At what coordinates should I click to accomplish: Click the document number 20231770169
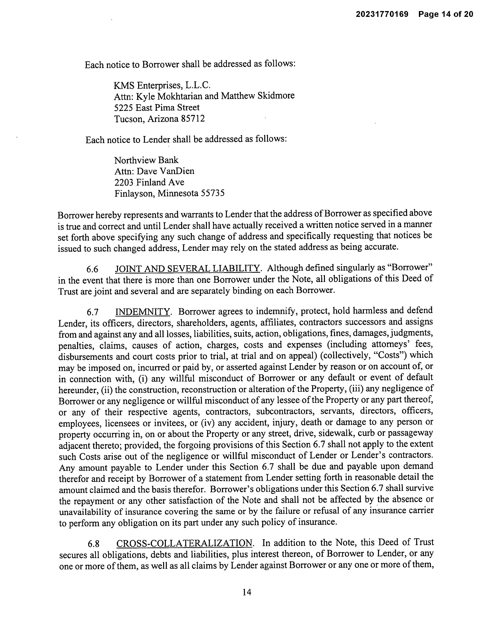pos(382,14)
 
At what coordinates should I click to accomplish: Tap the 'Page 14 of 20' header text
pos(446,14)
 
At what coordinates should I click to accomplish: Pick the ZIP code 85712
pos(193,119)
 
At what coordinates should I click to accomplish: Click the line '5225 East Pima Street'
pos(157,107)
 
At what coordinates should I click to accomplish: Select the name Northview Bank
pos(146,160)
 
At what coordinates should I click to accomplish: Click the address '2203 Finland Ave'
pos(149,182)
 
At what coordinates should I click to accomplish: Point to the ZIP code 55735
pos(212,193)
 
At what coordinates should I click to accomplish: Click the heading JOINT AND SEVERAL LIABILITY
pos(188,268)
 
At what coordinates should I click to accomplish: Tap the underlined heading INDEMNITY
pos(143,312)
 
